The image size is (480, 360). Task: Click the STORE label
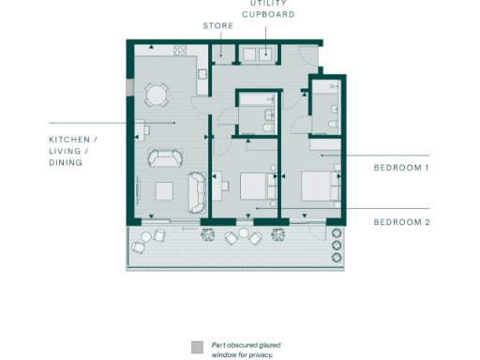pyautogui.click(x=219, y=26)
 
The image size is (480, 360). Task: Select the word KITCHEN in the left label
pyautogui.click(x=73, y=140)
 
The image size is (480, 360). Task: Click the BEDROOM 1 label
pyautogui.click(x=401, y=168)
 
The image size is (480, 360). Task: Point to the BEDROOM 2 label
pyautogui.click(x=401, y=222)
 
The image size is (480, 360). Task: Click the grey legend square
pyautogui.click(x=196, y=346)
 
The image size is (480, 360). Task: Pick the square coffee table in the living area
pyautogui.click(x=163, y=191)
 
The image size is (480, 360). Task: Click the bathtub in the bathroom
pyautogui.click(x=255, y=97)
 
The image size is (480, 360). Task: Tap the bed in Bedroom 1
pyautogui.click(x=321, y=185)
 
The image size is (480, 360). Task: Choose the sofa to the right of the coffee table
pyautogui.click(x=197, y=190)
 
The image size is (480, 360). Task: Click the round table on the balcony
pyautogui.click(x=243, y=232)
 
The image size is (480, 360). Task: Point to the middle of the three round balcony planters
pyautogui.click(x=337, y=245)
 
